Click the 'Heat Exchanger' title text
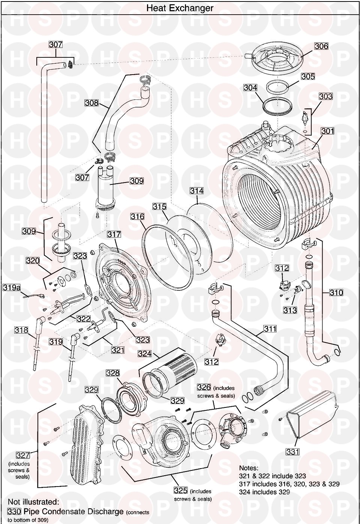point(180,8)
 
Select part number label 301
point(327,131)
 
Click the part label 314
point(196,191)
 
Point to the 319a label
point(12,287)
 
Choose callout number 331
point(292,452)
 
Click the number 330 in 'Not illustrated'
point(15,511)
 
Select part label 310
point(336,292)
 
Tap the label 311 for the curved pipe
point(270,329)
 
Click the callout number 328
point(112,373)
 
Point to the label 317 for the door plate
point(114,234)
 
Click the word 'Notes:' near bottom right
point(249,468)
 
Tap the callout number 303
point(325,97)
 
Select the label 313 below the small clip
point(290,310)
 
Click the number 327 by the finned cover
point(22,455)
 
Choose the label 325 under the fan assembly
point(181,491)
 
